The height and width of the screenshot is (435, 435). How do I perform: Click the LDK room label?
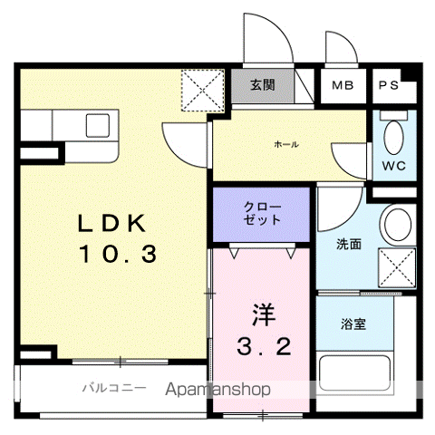coord(111,223)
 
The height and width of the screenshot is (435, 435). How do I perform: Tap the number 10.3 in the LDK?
coord(118,254)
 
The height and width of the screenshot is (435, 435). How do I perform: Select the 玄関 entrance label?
coord(263,85)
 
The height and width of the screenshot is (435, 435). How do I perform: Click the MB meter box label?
coord(343,85)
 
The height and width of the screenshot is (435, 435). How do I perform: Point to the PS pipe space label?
coord(389,85)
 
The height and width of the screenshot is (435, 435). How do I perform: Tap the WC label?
coord(393,166)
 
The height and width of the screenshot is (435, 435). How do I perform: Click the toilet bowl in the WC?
coord(393,138)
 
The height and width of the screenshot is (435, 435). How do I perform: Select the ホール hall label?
coord(286,144)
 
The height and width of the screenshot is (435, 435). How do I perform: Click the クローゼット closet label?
coord(262,213)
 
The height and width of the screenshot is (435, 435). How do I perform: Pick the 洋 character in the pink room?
coord(264,314)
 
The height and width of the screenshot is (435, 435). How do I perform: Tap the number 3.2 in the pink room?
coord(264,347)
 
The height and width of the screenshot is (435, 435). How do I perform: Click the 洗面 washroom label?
coord(349,244)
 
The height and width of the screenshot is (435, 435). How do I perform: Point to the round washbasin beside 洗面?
coord(398,225)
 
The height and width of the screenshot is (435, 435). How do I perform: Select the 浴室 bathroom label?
coord(353,324)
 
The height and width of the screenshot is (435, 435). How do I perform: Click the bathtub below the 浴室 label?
coord(355,372)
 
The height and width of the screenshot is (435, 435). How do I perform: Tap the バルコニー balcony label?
coord(114,388)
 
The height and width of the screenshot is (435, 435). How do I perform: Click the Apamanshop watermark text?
coord(217,390)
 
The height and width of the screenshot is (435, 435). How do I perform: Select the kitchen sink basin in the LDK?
coord(98,125)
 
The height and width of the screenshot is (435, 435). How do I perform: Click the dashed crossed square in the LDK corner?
coord(202,91)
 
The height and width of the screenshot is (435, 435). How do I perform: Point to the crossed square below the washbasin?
coord(397,267)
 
